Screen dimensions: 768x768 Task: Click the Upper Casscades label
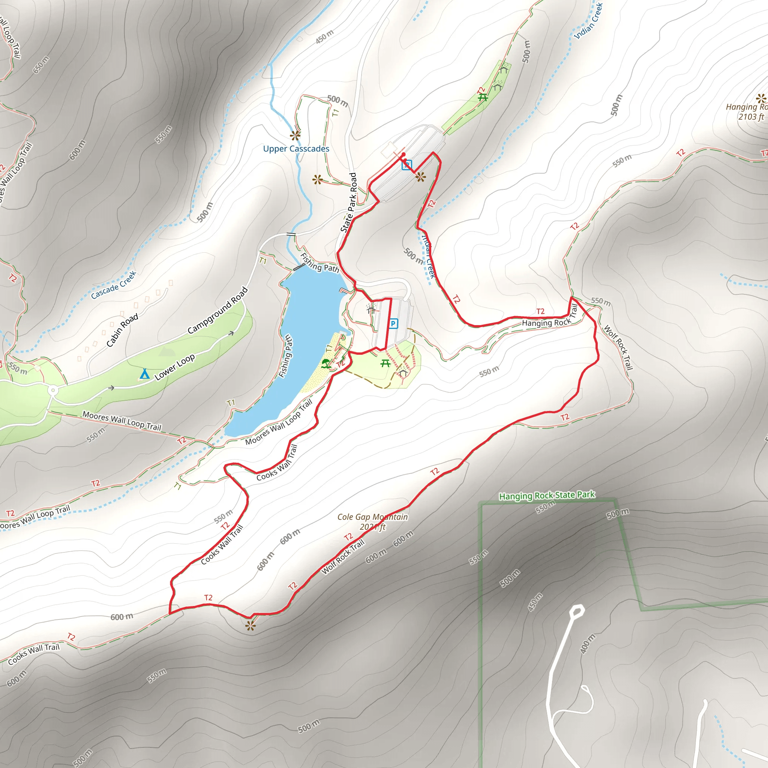point(296,148)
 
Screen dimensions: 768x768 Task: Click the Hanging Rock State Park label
point(547,495)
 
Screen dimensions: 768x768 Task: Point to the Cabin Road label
point(122,330)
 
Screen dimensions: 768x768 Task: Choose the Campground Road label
point(218,310)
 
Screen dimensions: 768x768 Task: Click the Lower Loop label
point(175,366)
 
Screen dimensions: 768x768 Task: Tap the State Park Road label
point(349,202)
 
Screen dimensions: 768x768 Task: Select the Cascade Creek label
point(114,285)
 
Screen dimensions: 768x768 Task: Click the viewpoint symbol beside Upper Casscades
point(295,136)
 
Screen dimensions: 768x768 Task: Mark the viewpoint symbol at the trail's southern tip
point(250,626)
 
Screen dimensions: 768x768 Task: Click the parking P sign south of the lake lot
point(393,324)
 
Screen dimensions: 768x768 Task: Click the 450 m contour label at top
point(324,37)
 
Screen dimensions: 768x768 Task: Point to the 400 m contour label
point(588,644)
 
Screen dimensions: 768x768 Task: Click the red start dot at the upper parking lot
point(403,154)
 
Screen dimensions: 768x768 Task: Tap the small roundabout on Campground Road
point(53,390)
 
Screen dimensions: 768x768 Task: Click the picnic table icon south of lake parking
point(385,363)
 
